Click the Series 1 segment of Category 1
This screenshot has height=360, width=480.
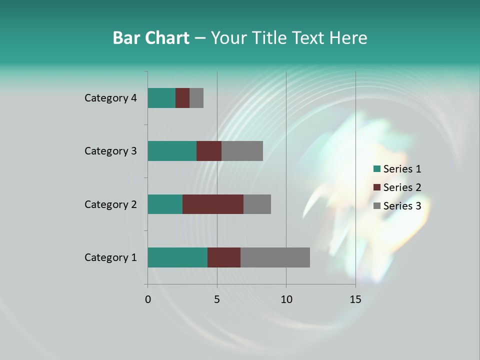point(177,257)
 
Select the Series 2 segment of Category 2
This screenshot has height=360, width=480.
point(213,204)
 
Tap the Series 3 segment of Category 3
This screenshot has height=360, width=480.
point(242,151)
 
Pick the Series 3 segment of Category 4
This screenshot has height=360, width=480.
point(196,98)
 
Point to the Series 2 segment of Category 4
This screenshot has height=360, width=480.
point(182,98)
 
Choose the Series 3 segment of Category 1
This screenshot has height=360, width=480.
point(275,257)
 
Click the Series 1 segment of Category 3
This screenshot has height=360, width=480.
point(172,151)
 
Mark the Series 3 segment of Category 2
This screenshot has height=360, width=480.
point(257,204)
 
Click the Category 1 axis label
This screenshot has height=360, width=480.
point(110,257)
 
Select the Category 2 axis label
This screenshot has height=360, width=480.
point(110,204)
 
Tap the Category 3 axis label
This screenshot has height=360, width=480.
point(110,151)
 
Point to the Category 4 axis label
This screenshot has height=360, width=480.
point(110,98)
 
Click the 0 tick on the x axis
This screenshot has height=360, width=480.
point(148,299)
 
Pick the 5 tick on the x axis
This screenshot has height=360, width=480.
point(217,299)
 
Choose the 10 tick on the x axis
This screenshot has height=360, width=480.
point(286,299)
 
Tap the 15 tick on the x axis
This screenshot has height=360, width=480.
point(355,299)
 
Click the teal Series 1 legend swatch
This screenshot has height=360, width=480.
point(376,169)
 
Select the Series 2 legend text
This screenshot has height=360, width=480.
point(402,187)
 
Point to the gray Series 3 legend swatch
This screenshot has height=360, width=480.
point(376,206)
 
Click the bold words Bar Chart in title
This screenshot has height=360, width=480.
point(151,38)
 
